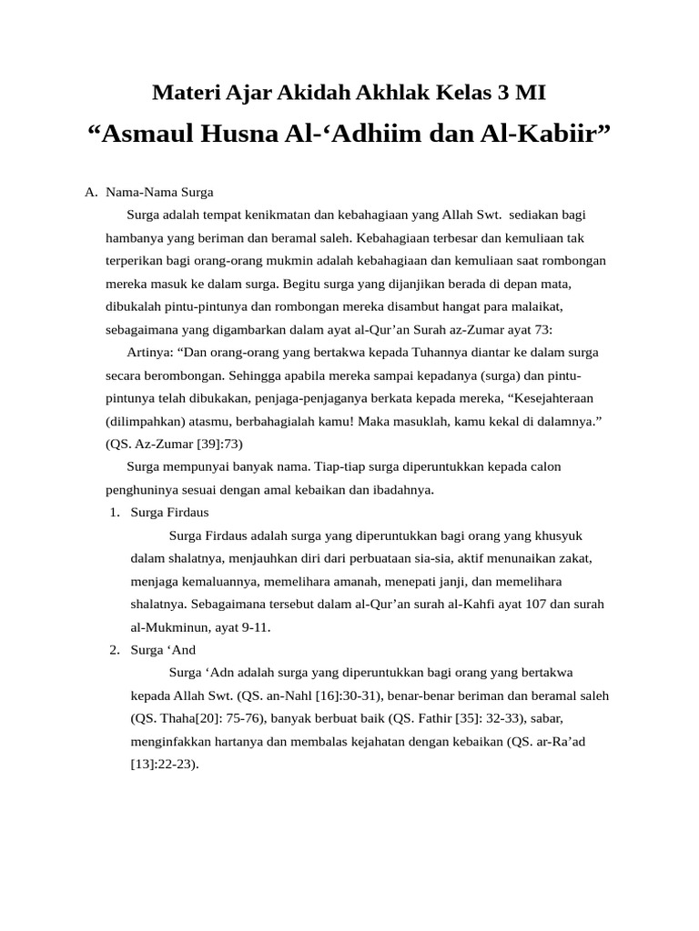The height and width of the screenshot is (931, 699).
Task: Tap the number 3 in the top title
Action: [x=501, y=92]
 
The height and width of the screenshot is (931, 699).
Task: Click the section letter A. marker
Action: [x=90, y=192]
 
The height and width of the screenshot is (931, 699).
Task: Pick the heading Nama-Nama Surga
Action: [x=159, y=192]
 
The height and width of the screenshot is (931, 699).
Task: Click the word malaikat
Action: [x=548, y=305]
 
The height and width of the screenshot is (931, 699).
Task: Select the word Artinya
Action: [x=150, y=352]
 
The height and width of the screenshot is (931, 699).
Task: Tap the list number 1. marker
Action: [x=115, y=512]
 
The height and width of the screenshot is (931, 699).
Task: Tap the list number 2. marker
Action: [x=115, y=649]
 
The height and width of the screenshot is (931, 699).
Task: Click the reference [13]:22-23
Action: [x=164, y=764]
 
